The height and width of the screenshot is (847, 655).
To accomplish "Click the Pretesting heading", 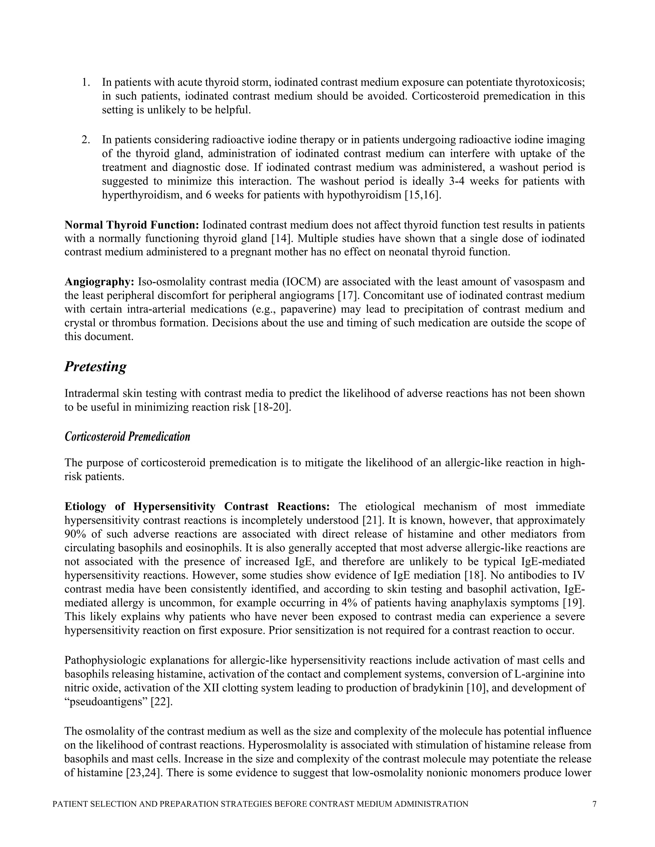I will (95, 367).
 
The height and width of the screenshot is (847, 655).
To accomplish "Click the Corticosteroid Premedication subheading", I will (127, 437).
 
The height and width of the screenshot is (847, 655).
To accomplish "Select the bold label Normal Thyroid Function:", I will (131, 225).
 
